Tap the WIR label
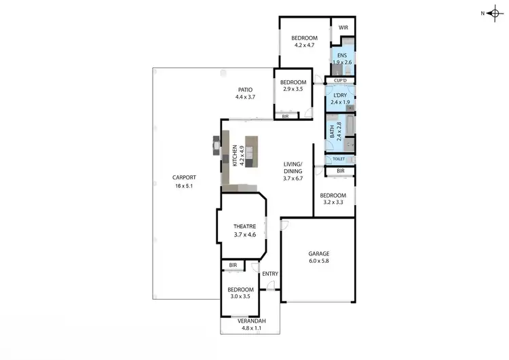343,28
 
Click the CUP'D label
341,81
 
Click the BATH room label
332,131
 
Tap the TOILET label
339,159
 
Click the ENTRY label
270,274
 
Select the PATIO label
245,90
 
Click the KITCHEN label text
235,156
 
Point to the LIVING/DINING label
293,168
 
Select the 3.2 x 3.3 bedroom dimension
333,203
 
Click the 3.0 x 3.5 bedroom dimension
240,297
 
